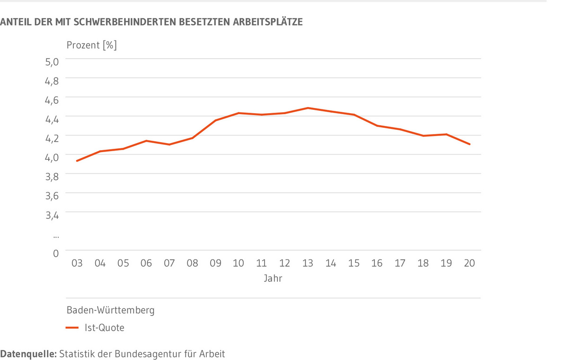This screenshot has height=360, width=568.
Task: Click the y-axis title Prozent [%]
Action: point(91,45)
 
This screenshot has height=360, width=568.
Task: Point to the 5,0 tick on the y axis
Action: point(52,62)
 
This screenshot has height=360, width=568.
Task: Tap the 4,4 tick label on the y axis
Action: point(52,119)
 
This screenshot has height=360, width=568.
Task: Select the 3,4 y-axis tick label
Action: point(52,216)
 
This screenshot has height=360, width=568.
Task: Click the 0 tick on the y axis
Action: point(55,254)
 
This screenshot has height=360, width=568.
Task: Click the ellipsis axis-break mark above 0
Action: point(55,235)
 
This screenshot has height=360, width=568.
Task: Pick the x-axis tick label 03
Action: point(77,263)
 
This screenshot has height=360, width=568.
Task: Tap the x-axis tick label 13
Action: point(308,263)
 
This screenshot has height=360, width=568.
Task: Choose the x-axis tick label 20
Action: point(469,263)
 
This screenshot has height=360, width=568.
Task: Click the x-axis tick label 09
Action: point(215,263)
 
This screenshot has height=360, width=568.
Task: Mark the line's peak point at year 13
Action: point(308,108)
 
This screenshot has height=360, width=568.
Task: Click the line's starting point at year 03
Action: point(77,161)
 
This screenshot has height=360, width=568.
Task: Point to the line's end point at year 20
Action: point(469,144)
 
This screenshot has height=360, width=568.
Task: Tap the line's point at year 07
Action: point(169,144)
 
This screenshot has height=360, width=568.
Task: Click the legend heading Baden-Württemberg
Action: point(110,311)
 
